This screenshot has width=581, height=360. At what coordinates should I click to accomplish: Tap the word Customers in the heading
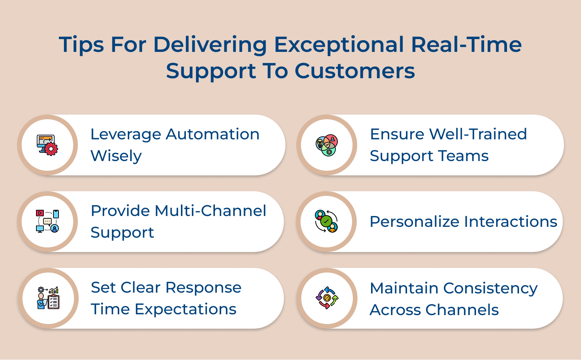pyautogui.click(x=354, y=71)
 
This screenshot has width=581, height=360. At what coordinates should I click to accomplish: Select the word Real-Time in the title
pyautogui.click(x=466, y=45)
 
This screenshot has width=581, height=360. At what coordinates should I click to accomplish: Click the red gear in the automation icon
pyautogui.click(x=51, y=149)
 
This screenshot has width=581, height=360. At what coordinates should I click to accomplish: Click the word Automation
pyautogui.click(x=213, y=134)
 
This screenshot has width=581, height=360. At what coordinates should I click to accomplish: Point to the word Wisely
pyautogui.click(x=116, y=156)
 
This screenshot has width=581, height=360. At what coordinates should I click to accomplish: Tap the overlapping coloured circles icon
pyautogui.click(x=327, y=145)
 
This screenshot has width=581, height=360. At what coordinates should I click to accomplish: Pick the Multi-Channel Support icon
pyautogui.click(x=47, y=221)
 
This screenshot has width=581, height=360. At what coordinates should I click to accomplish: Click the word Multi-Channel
pyautogui.click(x=210, y=211)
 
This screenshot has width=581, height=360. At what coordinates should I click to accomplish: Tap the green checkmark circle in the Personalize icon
pyautogui.click(x=326, y=221)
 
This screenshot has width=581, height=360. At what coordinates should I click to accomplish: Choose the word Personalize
pyautogui.click(x=414, y=222)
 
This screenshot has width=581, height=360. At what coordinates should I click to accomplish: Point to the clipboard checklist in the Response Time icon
pyautogui.click(x=53, y=302)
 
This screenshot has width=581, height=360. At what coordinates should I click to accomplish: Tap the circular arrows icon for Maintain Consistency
pyautogui.click(x=327, y=298)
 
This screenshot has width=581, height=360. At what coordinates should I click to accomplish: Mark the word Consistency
pyautogui.click(x=490, y=288)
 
